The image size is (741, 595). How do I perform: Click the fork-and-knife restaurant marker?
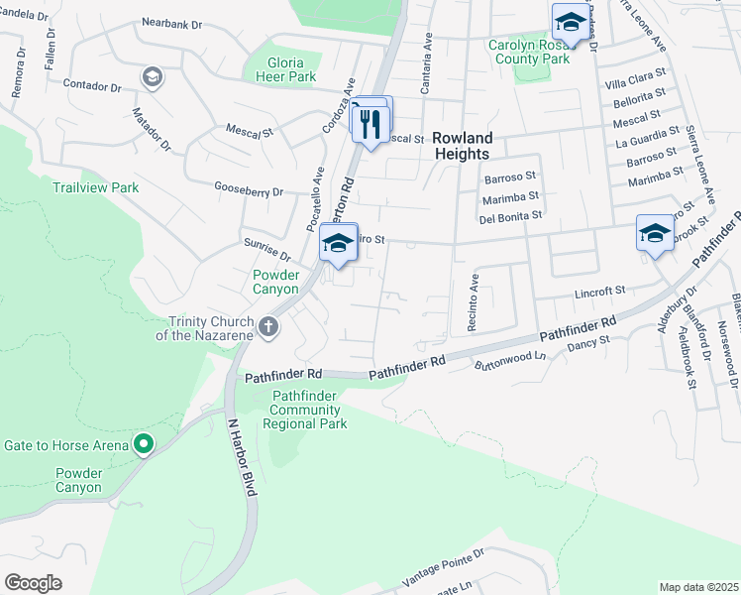(371, 124)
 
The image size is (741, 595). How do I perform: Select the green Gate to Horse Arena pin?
(145, 444)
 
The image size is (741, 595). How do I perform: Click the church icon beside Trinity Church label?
(266, 326)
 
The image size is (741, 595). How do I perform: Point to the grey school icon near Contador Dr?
(152, 76)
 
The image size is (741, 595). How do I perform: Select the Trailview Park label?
(96, 186)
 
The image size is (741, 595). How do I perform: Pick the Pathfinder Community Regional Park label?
(305, 410)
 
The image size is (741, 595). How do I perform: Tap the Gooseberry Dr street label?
(249, 188)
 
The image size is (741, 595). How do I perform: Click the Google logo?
(33, 583)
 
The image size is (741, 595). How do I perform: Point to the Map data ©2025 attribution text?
(698, 587)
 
